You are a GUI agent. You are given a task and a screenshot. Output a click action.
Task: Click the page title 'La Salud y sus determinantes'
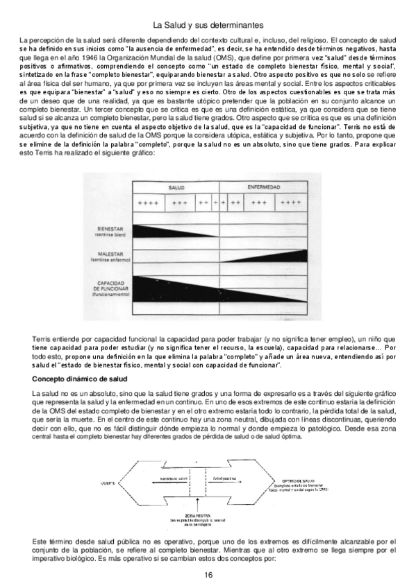pyautogui.click(x=208, y=26)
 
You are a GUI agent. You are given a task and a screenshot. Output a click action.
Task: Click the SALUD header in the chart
pyautogui.click(x=176, y=188)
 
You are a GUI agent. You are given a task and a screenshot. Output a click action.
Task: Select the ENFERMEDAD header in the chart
pyautogui.click(x=263, y=188)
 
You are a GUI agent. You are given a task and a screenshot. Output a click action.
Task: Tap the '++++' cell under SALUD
pyautogui.click(x=148, y=202)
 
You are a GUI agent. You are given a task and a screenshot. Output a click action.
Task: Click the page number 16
pyautogui.click(x=208, y=576)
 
